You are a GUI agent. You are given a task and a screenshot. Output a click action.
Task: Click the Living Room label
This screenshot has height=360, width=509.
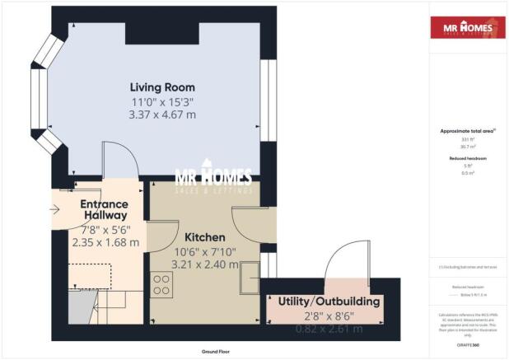(161, 86)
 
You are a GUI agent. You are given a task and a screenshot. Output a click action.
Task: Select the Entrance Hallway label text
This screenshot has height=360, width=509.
(104, 209)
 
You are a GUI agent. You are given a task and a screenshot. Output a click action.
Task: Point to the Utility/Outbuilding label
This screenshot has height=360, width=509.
(329, 302)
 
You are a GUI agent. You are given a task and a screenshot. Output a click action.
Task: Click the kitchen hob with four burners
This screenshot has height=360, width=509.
(161, 285)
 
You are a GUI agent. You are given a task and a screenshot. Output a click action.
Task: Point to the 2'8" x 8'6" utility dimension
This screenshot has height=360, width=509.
(329, 316)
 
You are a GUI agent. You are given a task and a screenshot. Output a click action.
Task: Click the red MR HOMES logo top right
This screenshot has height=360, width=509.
(465, 28)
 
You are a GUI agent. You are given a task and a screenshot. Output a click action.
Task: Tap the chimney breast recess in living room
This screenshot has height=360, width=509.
(161, 33)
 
